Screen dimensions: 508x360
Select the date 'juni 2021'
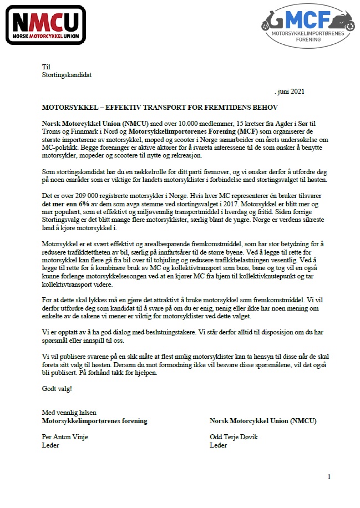[290, 92]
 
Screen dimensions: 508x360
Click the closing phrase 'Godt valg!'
[57, 388]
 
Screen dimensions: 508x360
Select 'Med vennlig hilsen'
[69, 413]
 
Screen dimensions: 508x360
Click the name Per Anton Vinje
[65, 437]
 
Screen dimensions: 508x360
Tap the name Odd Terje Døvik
[234, 437]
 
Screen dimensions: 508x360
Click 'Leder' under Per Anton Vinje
[50, 445]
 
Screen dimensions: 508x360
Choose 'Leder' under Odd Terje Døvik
[219, 445]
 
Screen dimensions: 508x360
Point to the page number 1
[329, 477]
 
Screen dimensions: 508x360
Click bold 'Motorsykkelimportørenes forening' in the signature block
[94, 421]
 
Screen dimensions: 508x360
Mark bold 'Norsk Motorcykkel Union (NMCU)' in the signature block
[263, 421]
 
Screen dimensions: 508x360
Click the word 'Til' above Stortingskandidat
[46, 67]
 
